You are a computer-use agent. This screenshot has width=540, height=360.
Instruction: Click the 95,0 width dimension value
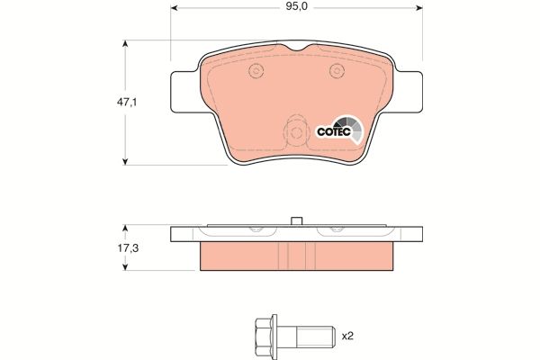[296, 7]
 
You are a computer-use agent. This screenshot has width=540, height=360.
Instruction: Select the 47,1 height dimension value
[127, 102]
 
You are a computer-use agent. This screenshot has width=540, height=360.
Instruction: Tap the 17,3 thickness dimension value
[128, 248]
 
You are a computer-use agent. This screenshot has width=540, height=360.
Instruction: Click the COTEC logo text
[333, 131]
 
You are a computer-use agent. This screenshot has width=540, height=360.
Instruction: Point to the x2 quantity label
[347, 336]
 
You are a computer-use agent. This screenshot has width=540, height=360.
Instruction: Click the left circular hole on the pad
[256, 71]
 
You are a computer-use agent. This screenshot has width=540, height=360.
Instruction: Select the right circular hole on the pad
[337, 71]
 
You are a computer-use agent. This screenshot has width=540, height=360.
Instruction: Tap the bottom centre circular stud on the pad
[296, 132]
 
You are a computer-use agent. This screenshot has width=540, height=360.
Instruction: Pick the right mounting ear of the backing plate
[409, 92]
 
